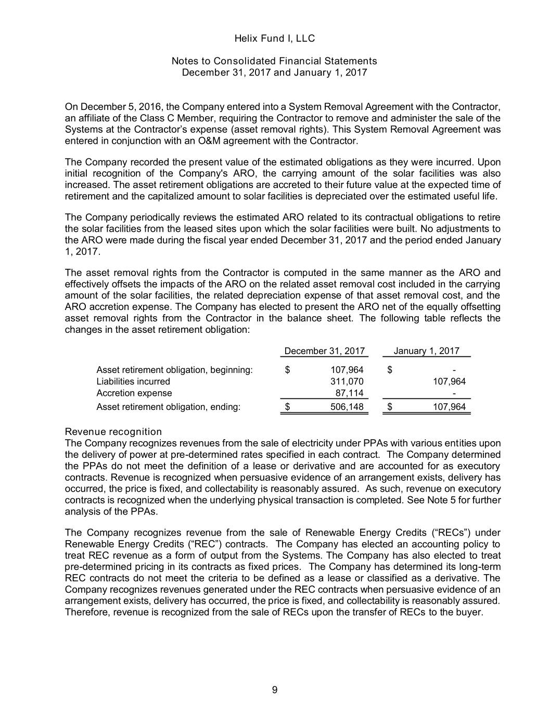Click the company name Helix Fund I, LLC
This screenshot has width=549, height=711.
274,39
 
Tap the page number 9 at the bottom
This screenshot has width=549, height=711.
275,690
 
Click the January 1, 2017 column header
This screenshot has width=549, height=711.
426,351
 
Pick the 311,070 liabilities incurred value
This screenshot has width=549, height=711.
347,381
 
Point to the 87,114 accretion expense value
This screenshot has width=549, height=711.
349,393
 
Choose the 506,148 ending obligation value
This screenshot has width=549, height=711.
347,407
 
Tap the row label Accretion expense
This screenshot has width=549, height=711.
134,393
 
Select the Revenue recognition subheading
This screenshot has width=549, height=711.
113,432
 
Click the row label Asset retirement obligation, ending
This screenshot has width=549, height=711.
169,407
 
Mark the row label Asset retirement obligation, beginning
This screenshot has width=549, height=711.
174,370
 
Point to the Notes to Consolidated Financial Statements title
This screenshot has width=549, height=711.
274,61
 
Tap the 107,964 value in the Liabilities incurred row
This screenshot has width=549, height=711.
449,381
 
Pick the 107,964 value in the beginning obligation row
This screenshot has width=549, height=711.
347,370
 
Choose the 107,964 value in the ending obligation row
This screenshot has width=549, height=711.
449,407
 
